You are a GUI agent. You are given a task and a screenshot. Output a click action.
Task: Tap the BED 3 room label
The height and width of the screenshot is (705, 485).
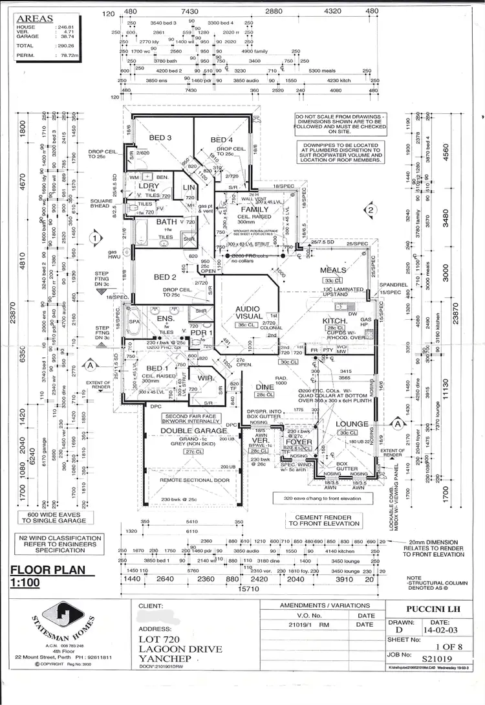coord(160,138)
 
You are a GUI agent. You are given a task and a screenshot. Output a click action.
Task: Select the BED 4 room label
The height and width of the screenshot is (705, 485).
coord(222,140)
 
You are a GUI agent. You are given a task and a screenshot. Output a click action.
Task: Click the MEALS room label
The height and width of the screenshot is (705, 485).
coord(334,270)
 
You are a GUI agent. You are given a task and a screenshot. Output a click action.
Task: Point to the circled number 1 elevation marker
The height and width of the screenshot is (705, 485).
coord(96,238)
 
